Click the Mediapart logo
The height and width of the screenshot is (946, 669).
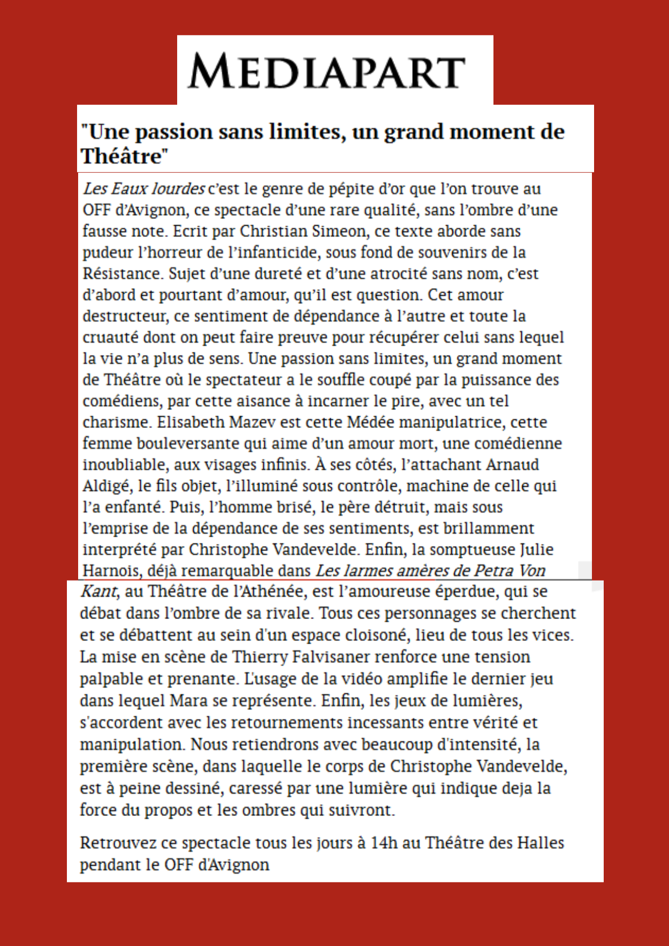point(326,71)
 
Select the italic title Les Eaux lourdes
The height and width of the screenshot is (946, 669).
point(143,188)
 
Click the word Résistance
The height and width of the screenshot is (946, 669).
point(122,273)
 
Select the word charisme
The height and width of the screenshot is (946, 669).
point(115,422)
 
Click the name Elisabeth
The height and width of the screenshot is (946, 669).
point(191,422)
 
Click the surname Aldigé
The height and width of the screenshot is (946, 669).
point(106,486)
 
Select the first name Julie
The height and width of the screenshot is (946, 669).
point(536,550)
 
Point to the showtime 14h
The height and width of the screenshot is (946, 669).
point(384,843)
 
